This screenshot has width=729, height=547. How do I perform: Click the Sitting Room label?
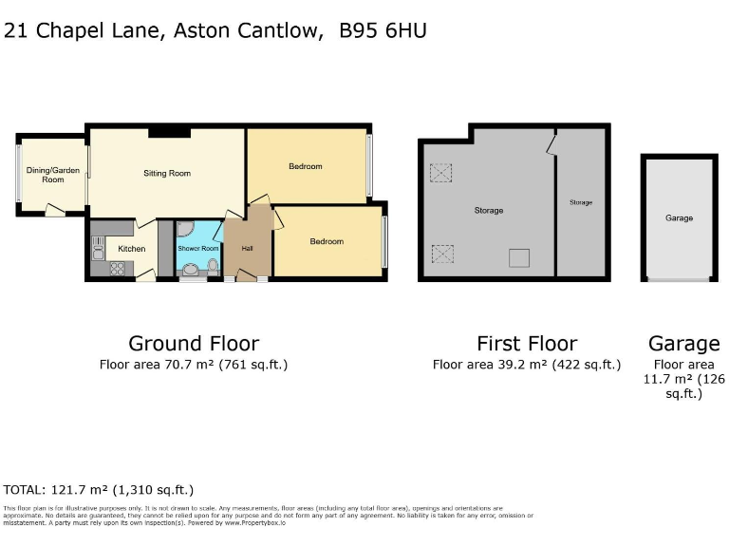[167, 174]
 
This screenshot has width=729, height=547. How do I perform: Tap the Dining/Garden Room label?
[46, 175]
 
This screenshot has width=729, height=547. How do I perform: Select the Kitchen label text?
[132, 249]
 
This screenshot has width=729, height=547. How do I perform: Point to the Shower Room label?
[198, 249]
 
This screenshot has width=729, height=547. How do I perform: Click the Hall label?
[247, 249]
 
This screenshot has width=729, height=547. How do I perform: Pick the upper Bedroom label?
[306, 167]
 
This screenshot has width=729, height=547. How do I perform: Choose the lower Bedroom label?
[327, 242]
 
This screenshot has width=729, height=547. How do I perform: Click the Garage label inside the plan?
[679, 218]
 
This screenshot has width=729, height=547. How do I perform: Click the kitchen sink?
[97, 249]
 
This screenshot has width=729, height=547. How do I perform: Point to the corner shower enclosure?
[185, 231]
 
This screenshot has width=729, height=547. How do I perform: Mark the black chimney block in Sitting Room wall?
[163, 132]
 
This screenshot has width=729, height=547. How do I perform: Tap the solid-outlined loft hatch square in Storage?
[518, 257]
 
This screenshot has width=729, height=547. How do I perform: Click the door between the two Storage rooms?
[551, 144]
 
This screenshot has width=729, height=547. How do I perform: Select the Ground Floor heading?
[193, 344]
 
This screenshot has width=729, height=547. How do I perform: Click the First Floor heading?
[527, 344]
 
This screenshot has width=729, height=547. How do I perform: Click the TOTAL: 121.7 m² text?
[99, 490]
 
